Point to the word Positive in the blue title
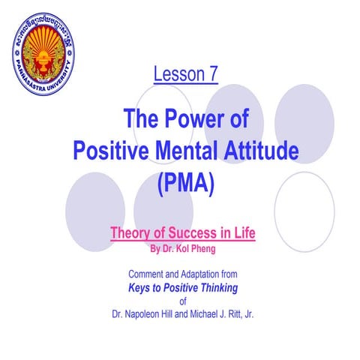115,150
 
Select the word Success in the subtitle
192,233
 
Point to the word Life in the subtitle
244,233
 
